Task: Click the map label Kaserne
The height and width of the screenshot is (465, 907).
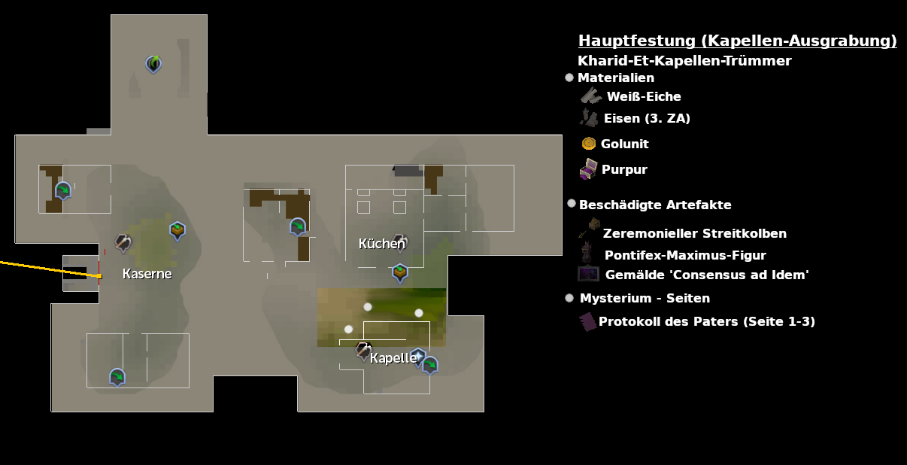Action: click(147, 274)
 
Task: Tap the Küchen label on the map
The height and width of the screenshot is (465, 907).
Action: click(381, 244)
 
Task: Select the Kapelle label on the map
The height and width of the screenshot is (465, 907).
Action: click(393, 358)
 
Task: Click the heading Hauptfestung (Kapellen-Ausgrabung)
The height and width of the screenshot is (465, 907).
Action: click(737, 41)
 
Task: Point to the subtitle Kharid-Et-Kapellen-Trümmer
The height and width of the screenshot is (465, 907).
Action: click(684, 61)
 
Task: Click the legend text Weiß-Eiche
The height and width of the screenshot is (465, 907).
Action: click(644, 96)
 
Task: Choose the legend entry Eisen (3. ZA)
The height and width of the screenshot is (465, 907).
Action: click(647, 118)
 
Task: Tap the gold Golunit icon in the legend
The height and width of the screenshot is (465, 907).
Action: click(589, 143)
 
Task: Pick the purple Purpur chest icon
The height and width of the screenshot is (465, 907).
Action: click(588, 169)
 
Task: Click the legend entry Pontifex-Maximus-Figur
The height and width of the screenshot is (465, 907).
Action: click(685, 255)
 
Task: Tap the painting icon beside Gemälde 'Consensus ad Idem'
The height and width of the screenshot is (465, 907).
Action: click(588, 274)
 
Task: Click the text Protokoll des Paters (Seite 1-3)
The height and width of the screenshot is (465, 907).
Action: click(707, 321)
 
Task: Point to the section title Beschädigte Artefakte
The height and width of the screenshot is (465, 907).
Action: click(655, 205)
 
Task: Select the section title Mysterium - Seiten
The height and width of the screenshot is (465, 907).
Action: click(645, 298)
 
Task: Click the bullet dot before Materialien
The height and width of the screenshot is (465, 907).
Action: click(569, 77)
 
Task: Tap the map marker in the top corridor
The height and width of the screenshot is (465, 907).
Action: click(153, 64)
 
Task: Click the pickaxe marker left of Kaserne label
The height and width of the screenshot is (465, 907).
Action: click(123, 242)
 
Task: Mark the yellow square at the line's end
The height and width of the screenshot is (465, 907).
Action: click(99, 276)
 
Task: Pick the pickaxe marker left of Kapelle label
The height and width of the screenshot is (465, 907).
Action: click(363, 351)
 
